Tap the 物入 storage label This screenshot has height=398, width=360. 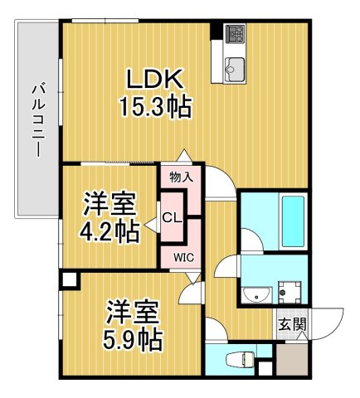pyautogui.click(x=181, y=177)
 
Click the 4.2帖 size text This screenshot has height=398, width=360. pyautogui.click(x=109, y=232)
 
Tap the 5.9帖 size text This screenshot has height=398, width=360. pyautogui.click(x=133, y=338)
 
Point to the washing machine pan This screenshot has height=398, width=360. pyautogui.click(x=289, y=293)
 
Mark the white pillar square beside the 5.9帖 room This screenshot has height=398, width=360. pyautogui.click(x=67, y=280)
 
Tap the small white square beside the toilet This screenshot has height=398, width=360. pyautogui.click(x=265, y=367)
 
